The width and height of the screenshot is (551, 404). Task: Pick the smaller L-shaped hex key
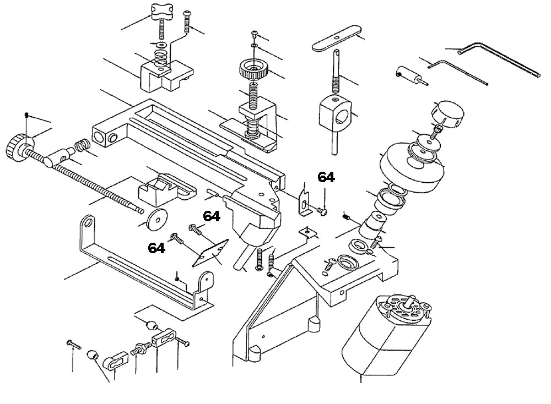coord(457,70)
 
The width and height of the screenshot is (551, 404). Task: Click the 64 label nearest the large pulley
coord(326,177)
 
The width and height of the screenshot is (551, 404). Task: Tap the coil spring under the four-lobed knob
coord(160,56)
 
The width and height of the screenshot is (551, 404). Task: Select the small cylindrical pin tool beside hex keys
coord(408,75)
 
